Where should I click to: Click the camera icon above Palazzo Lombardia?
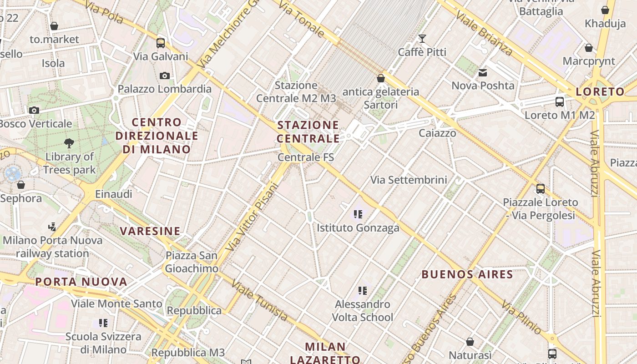pyautogui.click(x=165, y=76)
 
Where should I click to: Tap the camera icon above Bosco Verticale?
pyautogui.click(x=34, y=110)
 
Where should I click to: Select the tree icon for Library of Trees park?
pyautogui.click(x=69, y=143)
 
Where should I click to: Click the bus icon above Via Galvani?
pyautogui.click(x=160, y=43)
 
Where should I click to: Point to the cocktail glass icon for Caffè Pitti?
pyautogui.click(x=422, y=39)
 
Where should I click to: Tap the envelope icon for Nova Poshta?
pyautogui.click(x=483, y=72)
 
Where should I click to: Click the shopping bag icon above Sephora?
pyautogui.click(x=20, y=185)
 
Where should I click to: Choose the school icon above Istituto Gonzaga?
pyautogui.click(x=358, y=214)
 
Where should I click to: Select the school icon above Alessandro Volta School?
pyautogui.click(x=362, y=290)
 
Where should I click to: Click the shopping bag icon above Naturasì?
pyautogui.click(x=470, y=341)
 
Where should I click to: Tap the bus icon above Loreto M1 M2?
pyautogui.click(x=559, y=102)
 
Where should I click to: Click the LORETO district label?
pyautogui.click(x=600, y=92)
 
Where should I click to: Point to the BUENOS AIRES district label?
pyautogui.click(x=467, y=274)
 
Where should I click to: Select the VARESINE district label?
pyautogui.click(x=150, y=231)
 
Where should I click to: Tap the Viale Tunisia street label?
pyautogui.click(x=260, y=301)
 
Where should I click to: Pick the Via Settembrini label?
pyautogui.click(x=409, y=180)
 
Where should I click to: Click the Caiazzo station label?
pyautogui.click(x=437, y=133)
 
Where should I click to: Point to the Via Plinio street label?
pyautogui.click(x=521, y=317)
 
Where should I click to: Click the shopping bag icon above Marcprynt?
pyautogui.click(x=588, y=48)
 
